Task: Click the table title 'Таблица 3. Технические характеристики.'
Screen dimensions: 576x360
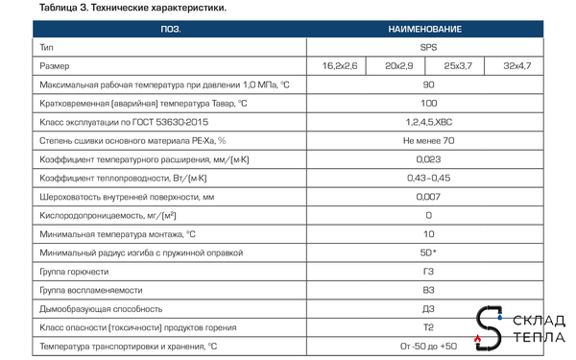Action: (x=119, y=8)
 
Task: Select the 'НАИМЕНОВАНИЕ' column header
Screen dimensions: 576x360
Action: (x=427, y=30)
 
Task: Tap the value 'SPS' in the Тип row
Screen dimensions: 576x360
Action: (x=427, y=46)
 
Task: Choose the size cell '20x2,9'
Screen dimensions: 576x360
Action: (x=397, y=65)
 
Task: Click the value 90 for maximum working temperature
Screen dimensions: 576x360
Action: (x=427, y=84)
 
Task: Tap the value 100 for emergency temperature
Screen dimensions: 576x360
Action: (x=427, y=103)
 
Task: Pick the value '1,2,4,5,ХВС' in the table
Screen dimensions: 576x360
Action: (x=427, y=122)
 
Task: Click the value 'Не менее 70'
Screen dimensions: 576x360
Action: (x=427, y=140)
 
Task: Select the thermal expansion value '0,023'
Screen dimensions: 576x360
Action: (x=427, y=159)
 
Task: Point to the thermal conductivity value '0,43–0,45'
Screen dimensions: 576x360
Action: (x=427, y=178)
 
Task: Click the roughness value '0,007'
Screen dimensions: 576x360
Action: (x=427, y=197)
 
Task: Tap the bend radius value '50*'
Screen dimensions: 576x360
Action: (x=428, y=252)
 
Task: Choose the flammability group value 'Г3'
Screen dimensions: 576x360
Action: (x=427, y=272)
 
